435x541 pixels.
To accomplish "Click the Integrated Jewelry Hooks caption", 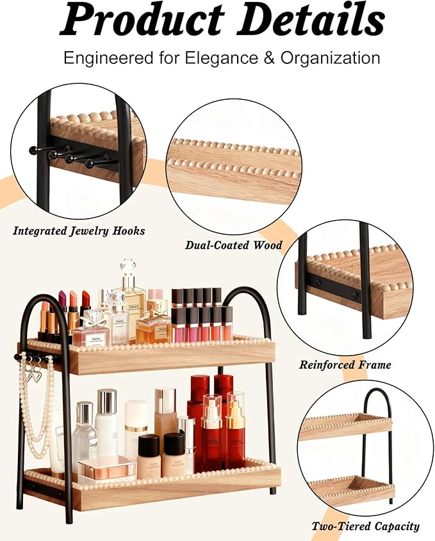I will point(79,231).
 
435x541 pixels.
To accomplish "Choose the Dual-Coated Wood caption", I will point(233,244).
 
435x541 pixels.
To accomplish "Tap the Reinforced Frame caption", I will point(345,365).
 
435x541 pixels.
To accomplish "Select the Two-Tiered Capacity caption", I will point(365,526).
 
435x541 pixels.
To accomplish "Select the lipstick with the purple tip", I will point(63,299).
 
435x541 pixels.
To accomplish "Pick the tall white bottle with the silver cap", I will point(106,422).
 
